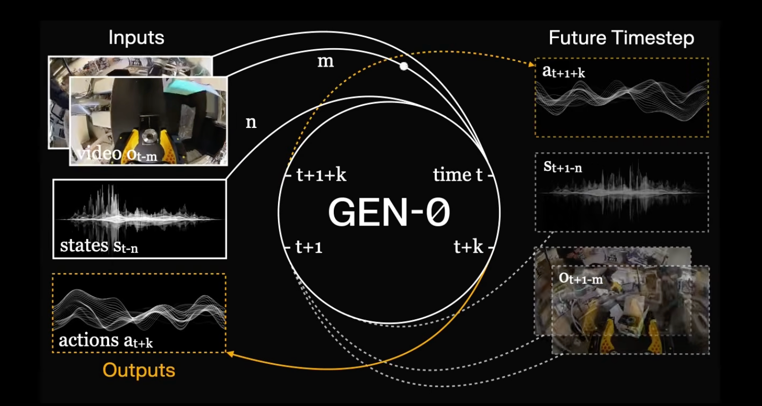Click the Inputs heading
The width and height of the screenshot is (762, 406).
click(x=136, y=38)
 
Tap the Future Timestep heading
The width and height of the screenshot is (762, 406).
click(x=621, y=38)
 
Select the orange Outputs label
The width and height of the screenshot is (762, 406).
click(x=139, y=370)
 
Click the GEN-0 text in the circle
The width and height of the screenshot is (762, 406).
click(x=389, y=212)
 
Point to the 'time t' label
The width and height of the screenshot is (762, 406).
click(x=458, y=175)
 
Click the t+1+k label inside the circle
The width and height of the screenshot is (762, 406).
click(x=321, y=175)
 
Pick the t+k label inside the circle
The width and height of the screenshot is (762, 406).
click(x=468, y=246)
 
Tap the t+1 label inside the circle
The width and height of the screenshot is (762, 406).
click(x=309, y=247)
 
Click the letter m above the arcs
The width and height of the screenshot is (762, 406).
click(x=326, y=61)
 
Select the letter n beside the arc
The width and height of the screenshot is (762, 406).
click(x=251, y=122)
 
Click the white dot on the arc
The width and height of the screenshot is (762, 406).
click(x=404, y=66)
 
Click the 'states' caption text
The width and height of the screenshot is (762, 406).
click(x=84, y=245)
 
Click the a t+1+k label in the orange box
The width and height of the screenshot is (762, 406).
click(x=564, y=72)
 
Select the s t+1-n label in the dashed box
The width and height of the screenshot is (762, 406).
click(x=563, y=167)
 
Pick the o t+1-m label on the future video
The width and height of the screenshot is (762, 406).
click(x=581, y=279)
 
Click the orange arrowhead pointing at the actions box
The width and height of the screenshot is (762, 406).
click(x=230, y=354)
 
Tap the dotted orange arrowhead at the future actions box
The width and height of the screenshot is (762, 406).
click(x=531, y=64)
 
